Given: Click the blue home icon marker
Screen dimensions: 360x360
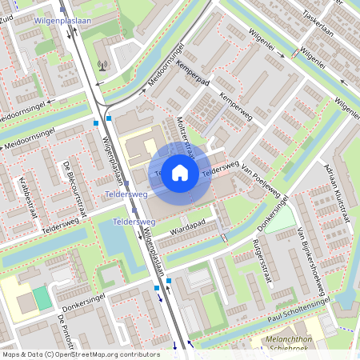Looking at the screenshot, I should point(180,173).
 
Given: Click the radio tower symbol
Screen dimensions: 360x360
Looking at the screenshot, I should point(102,65).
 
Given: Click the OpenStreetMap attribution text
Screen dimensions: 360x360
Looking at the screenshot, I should point(81,354).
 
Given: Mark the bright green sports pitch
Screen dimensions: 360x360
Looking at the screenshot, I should point(41,298).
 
